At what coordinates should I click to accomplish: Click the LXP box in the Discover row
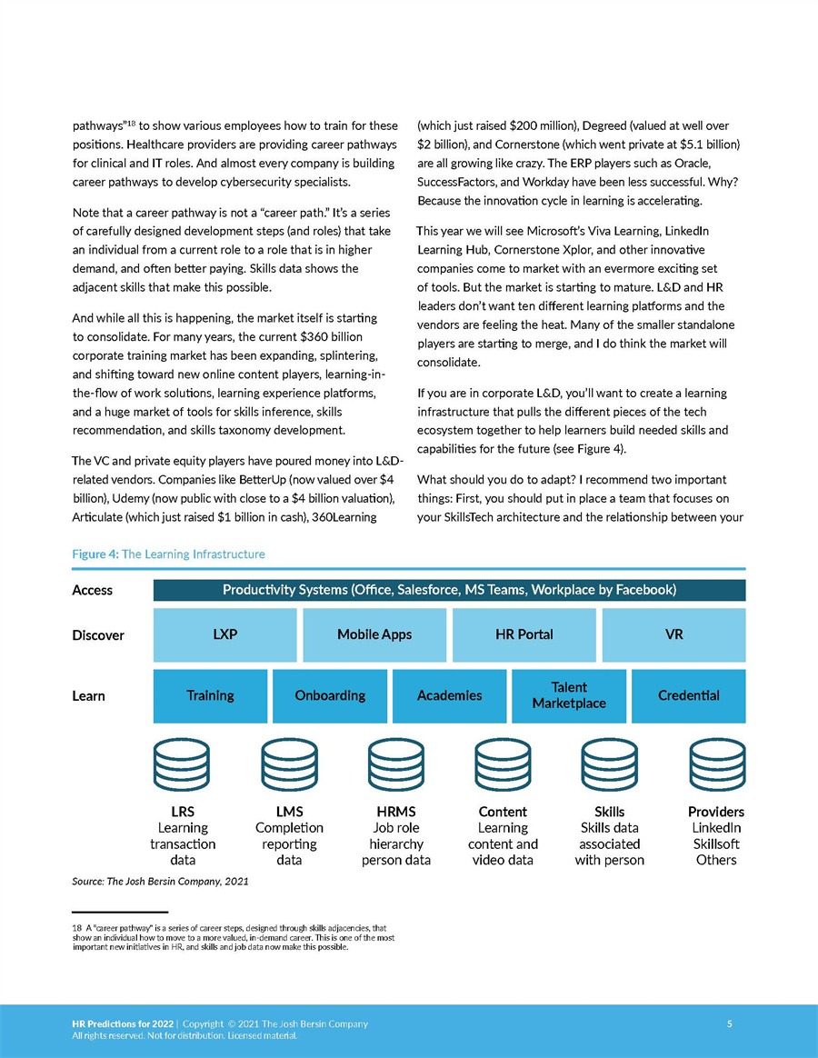pyautogui.click(x=224, y=634)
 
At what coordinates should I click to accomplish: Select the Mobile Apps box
pyautogui.click(x=374, y=634)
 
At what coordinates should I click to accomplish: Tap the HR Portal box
pyautogui.click(x=524, y=634)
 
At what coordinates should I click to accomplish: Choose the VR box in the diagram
pyautogui.click(x=673, y=634)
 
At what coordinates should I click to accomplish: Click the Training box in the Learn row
pyautogui.click(x=210, y=695)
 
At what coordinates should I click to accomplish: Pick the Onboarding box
pyautogui.click(x=330, y=695)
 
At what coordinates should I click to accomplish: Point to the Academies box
pyautogui.click(x=449, y=695)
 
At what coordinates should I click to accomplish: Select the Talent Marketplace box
pyautogui.click(x=569, y=695)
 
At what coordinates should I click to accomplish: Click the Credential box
pyautogui.click(x=688, y=695)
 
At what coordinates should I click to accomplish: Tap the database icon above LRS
pyautogui.click(x=183, y=767)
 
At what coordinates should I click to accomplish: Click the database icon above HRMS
pyautogui.click(x=396, y=767)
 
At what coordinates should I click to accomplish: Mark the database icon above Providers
pyautogui.click(x=716, y=767)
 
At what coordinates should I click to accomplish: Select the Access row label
pyautogui.click(x=92, y=591)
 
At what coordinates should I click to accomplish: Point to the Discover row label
pyautogui.click(x=98, y=635)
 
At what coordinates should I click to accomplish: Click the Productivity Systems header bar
pyautogui.click(x=449, y=590)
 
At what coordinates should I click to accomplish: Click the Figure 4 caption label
pyautogui.click(x=168, y=554)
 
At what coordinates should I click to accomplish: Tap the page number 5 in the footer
pyautogui.click(x=730, y=1024)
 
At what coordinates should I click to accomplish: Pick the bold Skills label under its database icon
pyautogui.click(x=609, y=812)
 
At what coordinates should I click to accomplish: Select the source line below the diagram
pyautogui.click(x=160, y=882)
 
